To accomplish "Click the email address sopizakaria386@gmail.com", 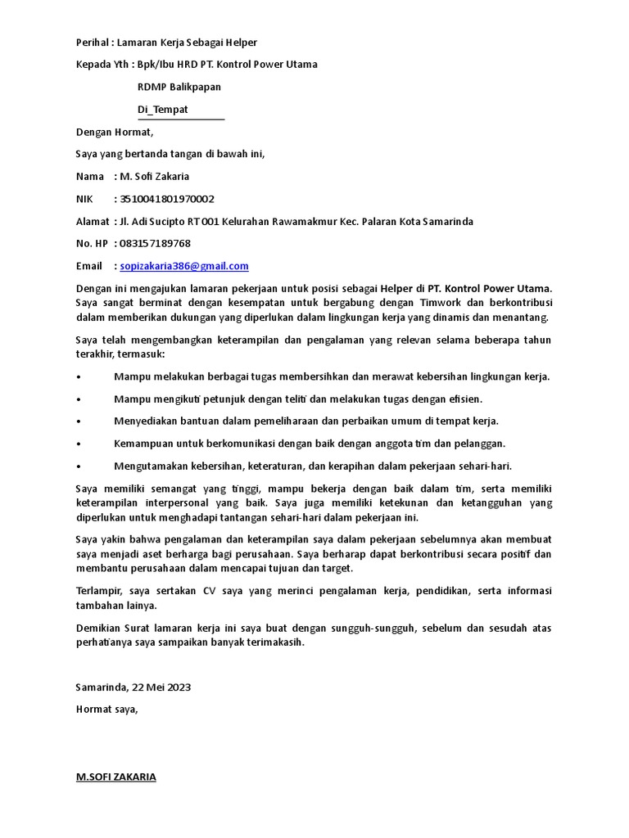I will point(184,266).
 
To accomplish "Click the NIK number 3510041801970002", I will point(167,199).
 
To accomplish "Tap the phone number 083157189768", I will point(155,244).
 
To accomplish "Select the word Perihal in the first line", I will point(92,43).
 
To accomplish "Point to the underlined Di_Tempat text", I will point(163,110).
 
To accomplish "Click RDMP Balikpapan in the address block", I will point(179,87).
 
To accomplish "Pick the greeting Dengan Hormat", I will point(115,132).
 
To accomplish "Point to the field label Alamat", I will point(92,222).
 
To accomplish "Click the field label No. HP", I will point(92,244).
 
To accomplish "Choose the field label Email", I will point(89,266).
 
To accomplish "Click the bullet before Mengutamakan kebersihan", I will point(78,466).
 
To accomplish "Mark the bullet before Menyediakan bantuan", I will point(78,421).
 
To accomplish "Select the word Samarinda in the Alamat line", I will point(449,222).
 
